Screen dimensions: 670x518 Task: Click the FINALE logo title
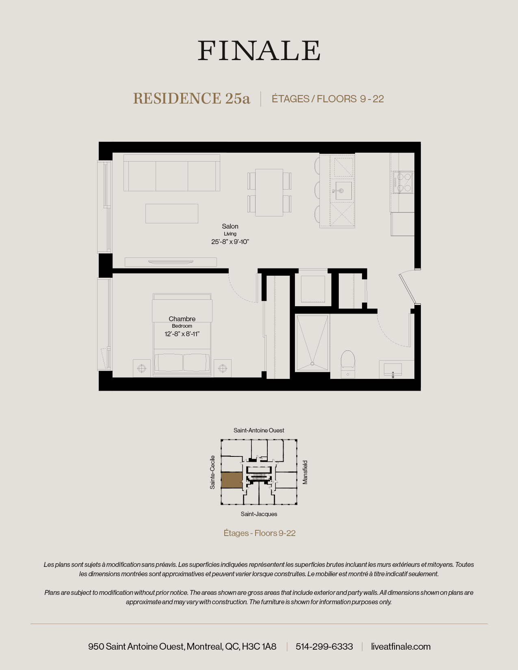[259, 51]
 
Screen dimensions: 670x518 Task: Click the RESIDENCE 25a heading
[191, 99]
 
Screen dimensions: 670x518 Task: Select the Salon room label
[230, 226]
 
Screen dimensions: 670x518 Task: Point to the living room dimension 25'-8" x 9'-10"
[230, 242]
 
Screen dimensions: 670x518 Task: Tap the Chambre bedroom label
[182, 319]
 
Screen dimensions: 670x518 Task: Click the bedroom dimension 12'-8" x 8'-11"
[182, 334]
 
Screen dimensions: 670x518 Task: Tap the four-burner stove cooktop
[403, 182]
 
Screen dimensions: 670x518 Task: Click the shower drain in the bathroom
[312, 363]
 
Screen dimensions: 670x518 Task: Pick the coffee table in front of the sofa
[172, 214]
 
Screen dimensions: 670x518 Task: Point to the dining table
[269, 192]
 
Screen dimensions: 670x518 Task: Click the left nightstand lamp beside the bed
[142, 368]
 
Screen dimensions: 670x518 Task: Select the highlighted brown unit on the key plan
[232, 480]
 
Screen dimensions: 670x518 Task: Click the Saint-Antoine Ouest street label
[259, 430]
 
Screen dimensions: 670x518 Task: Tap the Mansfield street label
[305, 472]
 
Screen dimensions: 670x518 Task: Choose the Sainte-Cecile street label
[212, 472]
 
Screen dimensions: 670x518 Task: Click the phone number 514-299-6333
[324, 646]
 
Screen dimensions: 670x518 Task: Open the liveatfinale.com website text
[401, 646]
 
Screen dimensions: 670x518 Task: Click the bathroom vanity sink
[393, 370]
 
